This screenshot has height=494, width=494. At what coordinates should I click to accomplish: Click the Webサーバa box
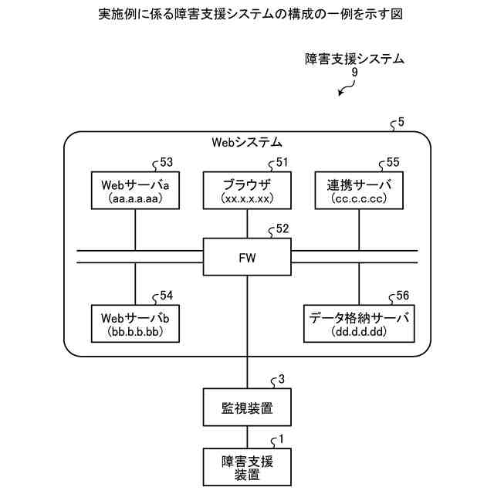(135, 191)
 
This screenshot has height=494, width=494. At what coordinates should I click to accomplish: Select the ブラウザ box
(247, 191)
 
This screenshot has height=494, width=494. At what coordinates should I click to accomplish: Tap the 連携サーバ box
(359, 191)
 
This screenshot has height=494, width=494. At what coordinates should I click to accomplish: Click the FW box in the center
(247, 257)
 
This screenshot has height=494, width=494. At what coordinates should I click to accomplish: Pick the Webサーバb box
(135, 323)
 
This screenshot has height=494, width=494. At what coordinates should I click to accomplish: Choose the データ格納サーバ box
(359, 323)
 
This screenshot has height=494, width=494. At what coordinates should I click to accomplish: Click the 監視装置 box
(247, 406)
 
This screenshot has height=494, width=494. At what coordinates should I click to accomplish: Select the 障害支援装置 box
(247, 467)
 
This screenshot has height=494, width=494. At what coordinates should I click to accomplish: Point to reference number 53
(166, 163)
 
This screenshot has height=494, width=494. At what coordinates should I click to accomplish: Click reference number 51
(281, 163)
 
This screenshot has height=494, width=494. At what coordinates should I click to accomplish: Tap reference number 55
(393, 163)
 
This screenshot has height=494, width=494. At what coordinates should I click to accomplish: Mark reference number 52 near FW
(282, 229)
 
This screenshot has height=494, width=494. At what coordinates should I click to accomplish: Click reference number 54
(166, 296)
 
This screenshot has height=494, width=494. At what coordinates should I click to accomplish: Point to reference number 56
(402, 296)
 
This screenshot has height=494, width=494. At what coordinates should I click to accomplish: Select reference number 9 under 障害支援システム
(354, 72)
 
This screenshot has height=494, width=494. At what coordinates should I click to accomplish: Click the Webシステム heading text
(247, 143)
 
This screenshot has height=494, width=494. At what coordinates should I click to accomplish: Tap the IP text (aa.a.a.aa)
(135, 199)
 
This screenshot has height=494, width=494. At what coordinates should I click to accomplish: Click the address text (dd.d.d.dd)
(359, 333)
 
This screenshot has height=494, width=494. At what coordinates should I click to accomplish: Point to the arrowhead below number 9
(341, 95)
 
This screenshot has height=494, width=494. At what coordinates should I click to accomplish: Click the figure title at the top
(247, 15)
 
